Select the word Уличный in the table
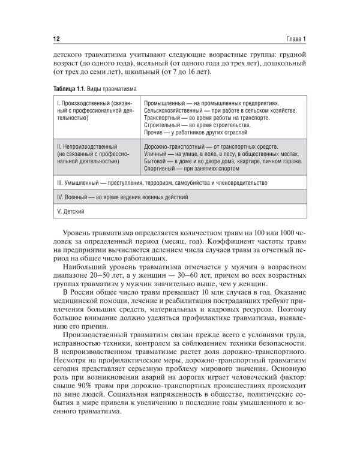(156, 154)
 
